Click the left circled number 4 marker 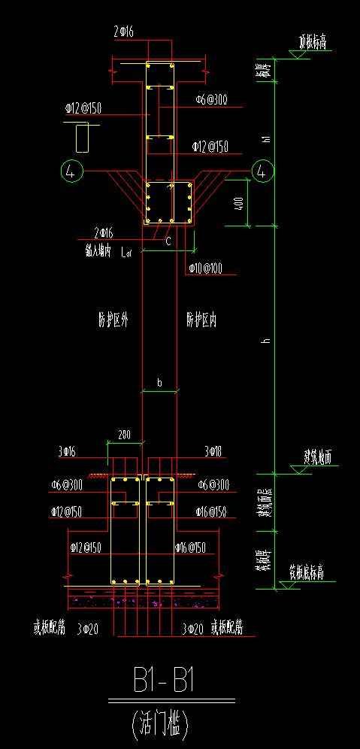pyautogui.click(x=71, y=171)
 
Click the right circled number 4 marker pyautogui.click(x=262, y=171)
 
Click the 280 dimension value pyautogui.click(x=124, y=434)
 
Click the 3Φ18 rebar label pyautogui.click(x=214, y=451)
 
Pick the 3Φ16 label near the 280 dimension pyautogui.click(x=67, y=451)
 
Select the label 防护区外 pyautogui.click(x=113, y=320)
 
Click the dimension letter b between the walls pyautogui.click(x=159, y=383)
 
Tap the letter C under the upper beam pyautogui.click(x=168, y=241)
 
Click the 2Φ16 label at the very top pyautogui.click(x=123, y=32)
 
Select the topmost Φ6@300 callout pyautogui.click(x=211, y=99)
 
